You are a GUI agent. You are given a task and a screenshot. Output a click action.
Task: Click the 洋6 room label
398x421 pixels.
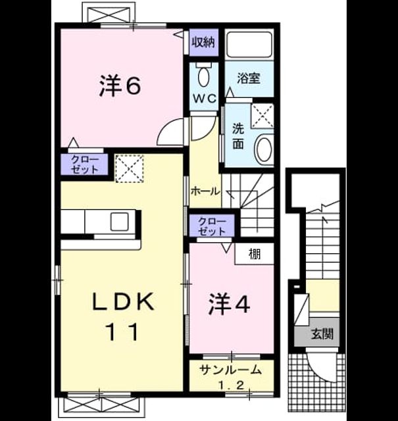[x=120, y=85]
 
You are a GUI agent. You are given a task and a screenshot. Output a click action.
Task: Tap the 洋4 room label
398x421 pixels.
[x=229, y=304]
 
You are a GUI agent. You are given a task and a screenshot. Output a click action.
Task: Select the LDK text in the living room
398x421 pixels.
[x=123, y=301]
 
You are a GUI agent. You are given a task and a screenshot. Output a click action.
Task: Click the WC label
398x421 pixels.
[x=205, y=99]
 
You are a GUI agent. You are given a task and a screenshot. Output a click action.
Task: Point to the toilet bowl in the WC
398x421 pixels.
[x=203, y=76]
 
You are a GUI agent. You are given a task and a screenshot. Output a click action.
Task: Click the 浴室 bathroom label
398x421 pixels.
[x=249, y=78]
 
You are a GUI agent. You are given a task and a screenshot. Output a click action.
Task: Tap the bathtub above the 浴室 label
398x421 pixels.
[x=249, y=44]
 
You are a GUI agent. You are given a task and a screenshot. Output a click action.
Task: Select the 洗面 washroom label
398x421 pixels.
[x=238, y=136]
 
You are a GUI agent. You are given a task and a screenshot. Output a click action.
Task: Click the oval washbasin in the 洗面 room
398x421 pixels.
[x=264, y=149]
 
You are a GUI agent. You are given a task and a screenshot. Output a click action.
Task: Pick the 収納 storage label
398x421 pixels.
[x=204, y=42]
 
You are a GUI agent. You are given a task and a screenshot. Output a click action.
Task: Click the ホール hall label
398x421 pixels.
[x=205, y=191]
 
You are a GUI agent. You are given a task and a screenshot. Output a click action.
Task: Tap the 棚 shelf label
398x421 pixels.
[x=255, y=254]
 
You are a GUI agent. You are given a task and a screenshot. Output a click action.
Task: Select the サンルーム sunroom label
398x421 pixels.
[x=231, y=370]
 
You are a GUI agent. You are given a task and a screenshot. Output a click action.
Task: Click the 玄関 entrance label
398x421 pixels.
[x=322, y=334]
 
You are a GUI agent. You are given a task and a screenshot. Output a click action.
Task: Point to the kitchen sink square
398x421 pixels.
[x=119, y=222]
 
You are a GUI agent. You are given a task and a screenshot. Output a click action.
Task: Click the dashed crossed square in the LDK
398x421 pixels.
[x=130, y=168]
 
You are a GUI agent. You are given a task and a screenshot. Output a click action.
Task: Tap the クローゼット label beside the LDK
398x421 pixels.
[x=85, y=164]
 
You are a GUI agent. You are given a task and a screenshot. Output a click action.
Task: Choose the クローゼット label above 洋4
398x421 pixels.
[x=212, y=226]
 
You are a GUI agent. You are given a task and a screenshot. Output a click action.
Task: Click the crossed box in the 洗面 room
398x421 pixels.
[x=262, y=116]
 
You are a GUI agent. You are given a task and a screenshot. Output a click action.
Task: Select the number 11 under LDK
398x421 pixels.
[x=122, y=332]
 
